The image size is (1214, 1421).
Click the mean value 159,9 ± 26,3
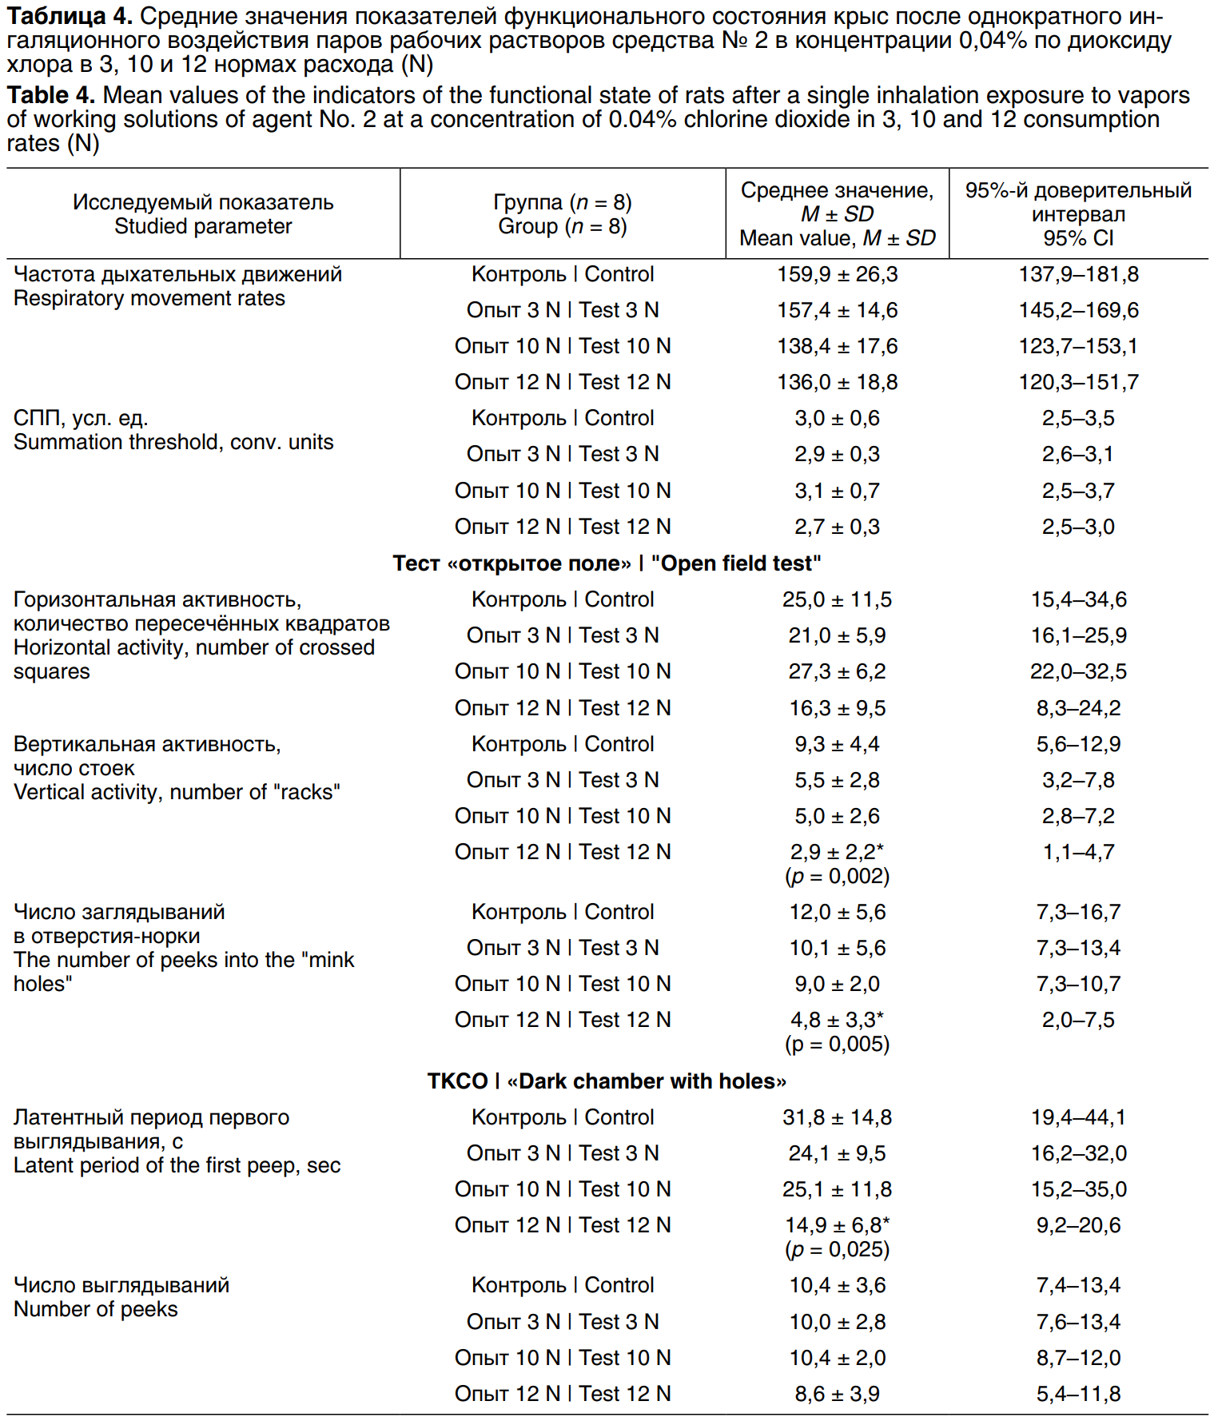pos(837,274)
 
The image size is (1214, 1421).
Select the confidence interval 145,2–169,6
pos(1078,310)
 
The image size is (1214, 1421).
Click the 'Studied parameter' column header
pos(203,226)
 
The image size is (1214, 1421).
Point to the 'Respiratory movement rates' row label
pos(149,298)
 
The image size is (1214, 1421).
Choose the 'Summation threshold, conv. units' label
pos(173,442)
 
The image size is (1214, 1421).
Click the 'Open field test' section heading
pos(607,563)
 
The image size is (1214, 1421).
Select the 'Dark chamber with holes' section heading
pos(607,1081)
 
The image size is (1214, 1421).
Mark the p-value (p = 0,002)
pos(837,877)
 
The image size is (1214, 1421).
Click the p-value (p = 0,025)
pos(837,1249)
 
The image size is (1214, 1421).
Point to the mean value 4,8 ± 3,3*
pos(837,1020)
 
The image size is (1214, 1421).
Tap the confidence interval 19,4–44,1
pos(1078,1117)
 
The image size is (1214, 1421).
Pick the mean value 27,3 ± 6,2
pos(837,671)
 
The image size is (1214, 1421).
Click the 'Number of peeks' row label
pos(96,1309)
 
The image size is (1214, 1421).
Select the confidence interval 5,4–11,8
pos(1078,1394)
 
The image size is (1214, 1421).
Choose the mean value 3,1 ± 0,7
pos(837,491)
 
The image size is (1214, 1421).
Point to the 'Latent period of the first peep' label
pos(177,1165)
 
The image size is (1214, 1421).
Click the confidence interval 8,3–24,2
pos(1078,708)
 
